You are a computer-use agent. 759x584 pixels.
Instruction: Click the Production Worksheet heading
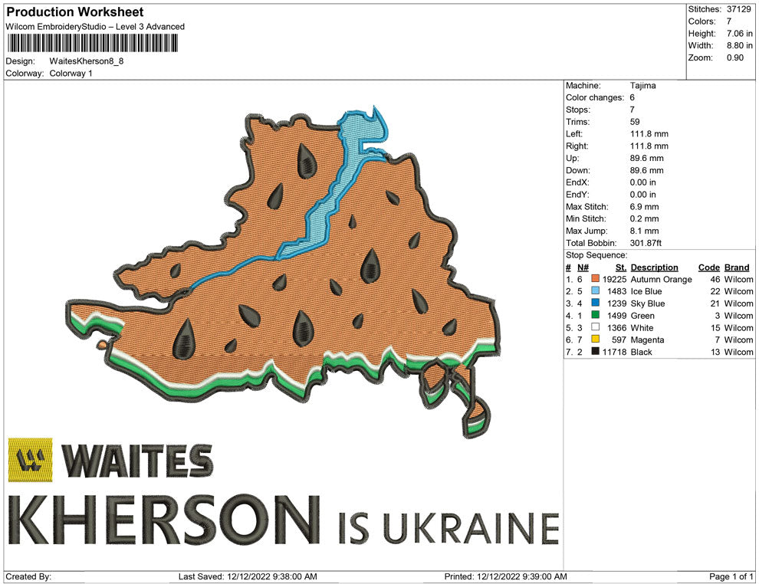coord(74,12)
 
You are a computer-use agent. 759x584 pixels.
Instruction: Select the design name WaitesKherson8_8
coord(86,61)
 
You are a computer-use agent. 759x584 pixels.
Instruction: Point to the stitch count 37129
coord(739,9)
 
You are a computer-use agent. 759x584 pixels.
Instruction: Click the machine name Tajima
coord(642,86)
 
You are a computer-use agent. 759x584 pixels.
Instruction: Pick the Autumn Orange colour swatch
coord(595,280)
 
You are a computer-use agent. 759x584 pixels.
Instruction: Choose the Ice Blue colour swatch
coord(595,292)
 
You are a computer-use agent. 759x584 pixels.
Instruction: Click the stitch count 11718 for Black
coord(614,352)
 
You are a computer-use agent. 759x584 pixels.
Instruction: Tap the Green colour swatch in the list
coord(595,316)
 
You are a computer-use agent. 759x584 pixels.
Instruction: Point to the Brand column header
coord(736,267)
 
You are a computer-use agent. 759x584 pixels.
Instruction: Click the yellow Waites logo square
coord(31,460)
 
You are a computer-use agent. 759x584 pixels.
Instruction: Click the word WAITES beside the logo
coord(136,460)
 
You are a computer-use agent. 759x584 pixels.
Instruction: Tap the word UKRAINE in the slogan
coord(469,527)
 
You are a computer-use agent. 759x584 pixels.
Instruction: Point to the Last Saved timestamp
coord(247,576)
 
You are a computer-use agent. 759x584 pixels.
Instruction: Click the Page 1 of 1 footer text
coord(731,576)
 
